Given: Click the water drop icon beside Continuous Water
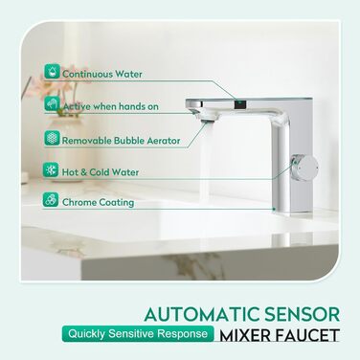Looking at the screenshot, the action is [x=52, y=71].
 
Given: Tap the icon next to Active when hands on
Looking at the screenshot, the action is [x=52, y=104].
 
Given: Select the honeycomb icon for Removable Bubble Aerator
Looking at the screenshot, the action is [x=52, y=138].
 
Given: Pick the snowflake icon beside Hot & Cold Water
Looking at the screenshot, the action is [x=51, y=169].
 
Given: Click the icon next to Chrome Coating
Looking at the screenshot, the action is [x=51, y=200].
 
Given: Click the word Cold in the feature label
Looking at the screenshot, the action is [x=100, y=172].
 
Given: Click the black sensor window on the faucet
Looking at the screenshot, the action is [x=239, y=103].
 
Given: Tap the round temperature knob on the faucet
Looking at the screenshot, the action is [x=305, y=166].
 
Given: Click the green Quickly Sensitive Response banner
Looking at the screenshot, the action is [x=138, y=334].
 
